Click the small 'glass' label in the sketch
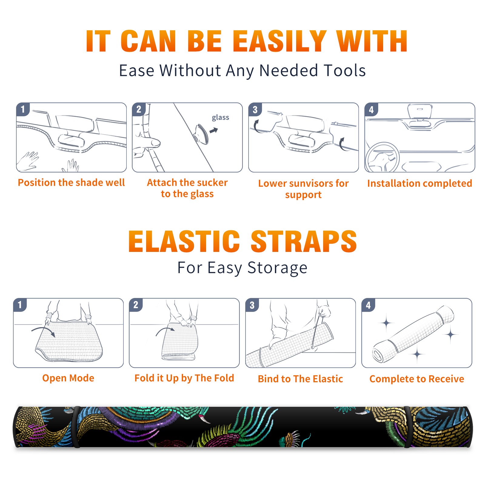click(x=220, y=118)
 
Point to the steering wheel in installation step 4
click(x=382, y=157)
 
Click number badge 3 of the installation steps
click(x=255, y=109)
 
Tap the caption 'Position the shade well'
click(x=71, y=182)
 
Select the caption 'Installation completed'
click(x=420, y=183)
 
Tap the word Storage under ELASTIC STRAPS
click(x=277, y=268)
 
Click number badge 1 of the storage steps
click(x=20, y=305)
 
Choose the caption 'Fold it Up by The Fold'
click(x=184, y=378)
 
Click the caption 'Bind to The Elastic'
click(x=300, y=379)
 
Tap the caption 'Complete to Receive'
click(x=417, y=379)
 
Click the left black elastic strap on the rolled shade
click(x=76, y=427)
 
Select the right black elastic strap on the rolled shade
click(x=410, y=427)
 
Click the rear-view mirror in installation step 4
click(x=420, y=112)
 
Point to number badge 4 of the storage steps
click(x=368, y=305)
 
